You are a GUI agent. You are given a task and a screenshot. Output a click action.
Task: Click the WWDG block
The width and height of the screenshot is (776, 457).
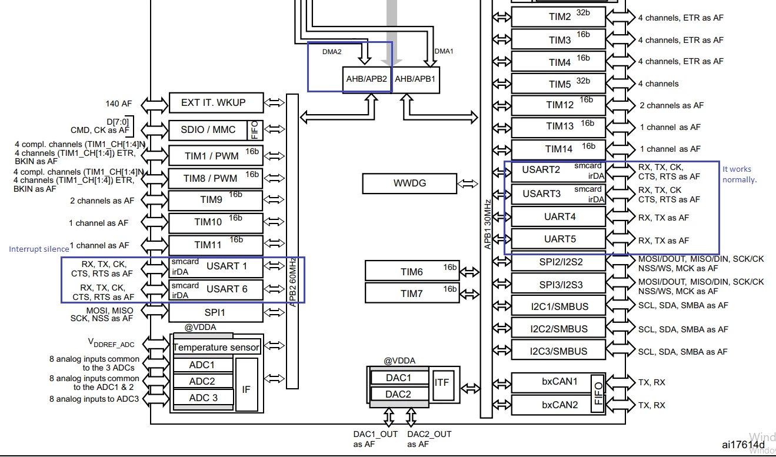pos(409,183)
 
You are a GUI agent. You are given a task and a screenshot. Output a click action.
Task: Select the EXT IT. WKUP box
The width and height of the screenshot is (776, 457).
pos(216,102)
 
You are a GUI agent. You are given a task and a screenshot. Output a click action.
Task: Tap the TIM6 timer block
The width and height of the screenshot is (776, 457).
pos(412,271)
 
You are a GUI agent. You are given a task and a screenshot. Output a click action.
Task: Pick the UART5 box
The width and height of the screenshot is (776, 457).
pos(558,239)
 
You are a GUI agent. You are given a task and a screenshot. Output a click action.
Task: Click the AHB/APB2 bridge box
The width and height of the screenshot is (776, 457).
pos(367,79)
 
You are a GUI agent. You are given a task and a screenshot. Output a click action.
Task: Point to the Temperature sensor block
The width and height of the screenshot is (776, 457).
pos(217,347)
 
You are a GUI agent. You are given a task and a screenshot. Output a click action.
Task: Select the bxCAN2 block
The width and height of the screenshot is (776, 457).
pos(558,405)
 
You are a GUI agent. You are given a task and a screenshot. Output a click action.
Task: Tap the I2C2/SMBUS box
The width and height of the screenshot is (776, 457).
pos(558,329)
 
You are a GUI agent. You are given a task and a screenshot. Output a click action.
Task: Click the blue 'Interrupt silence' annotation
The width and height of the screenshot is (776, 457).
pos(39,249)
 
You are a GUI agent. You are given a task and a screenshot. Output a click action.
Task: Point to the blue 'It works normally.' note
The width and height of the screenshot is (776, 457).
pos(740,174)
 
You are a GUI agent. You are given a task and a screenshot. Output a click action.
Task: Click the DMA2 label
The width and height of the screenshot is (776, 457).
pos(332,52)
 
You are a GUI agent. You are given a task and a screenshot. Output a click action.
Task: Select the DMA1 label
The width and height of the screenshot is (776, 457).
pos(444,51)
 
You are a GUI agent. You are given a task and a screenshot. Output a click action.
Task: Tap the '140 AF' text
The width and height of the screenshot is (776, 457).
pos(118,104)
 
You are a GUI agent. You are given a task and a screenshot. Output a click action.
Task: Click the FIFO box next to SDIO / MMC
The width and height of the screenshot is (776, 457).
pos(255,130)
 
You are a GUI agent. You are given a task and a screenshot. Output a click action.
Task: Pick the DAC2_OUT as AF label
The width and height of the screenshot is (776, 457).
pos(429,439)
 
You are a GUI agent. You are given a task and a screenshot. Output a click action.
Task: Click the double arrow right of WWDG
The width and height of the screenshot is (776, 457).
pos(467,184)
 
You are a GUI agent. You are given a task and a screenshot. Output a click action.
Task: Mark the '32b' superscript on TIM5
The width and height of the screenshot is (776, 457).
pos(583,81)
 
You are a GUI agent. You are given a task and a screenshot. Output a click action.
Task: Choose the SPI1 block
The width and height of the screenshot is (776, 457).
pos(215,312)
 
